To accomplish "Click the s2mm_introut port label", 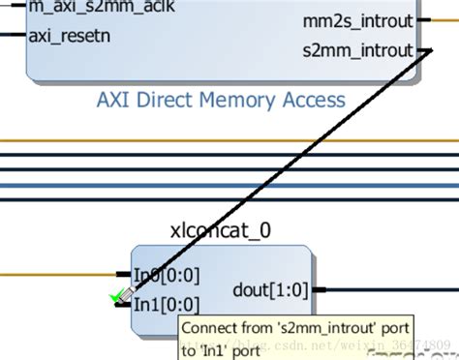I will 356,49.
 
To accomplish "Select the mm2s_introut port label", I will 356,20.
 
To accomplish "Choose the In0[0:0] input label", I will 167,274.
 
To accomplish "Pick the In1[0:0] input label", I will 167,305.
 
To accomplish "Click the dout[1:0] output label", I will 272,288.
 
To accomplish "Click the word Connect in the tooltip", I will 210,328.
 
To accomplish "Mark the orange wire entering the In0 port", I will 58,274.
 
